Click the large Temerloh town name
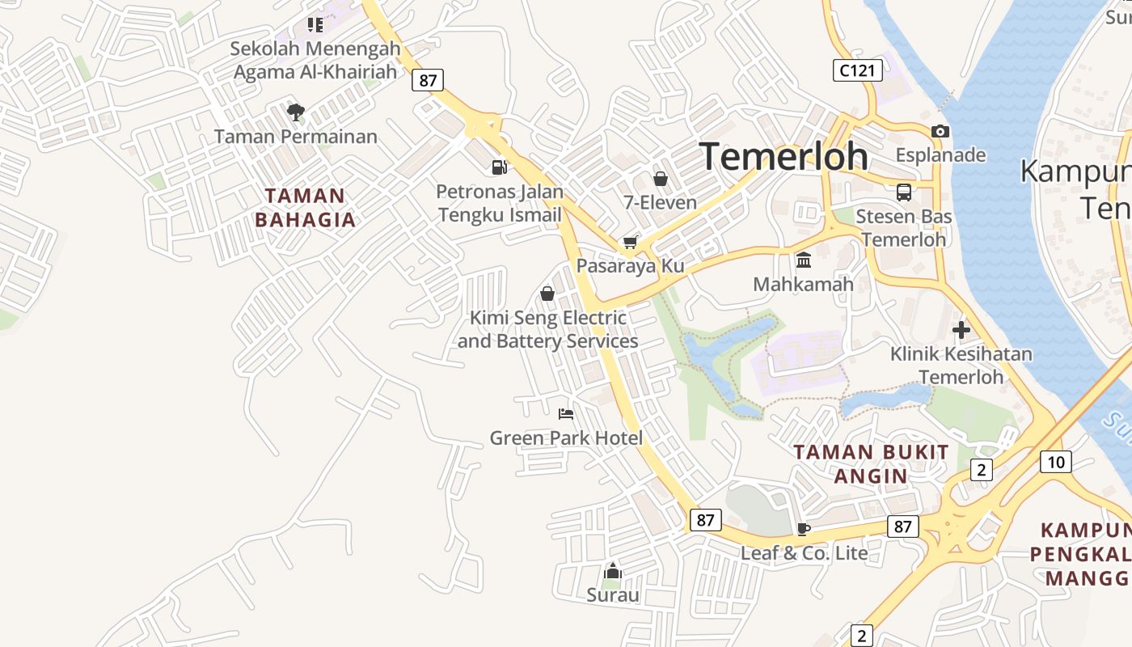[x=784, y=156]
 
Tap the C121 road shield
[x=857, y=70]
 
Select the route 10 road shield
[x=1055, y=462]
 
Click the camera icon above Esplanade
[x=940, y=131]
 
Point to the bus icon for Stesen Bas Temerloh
[x=903, y=192]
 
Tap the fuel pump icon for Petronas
[x=499, y=167]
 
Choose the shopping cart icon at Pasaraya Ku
[x=630, y=243]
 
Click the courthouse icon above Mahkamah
[x=803, y=260]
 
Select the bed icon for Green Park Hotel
[x=566, y=414]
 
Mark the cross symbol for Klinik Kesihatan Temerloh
[x=961, y=330]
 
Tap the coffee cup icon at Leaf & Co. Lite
[x=803, y=529]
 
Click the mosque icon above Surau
[x=613, y=572]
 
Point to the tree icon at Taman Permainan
[x=296, y=112]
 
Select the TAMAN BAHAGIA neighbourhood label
[x=305, y=208]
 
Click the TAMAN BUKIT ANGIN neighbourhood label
[x=871, y=463]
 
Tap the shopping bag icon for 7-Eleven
[x=661, y=179]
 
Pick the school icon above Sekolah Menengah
[x=315, y=25]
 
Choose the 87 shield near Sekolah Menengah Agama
[x=427, y=80]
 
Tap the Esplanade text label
[x=940, y=154]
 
